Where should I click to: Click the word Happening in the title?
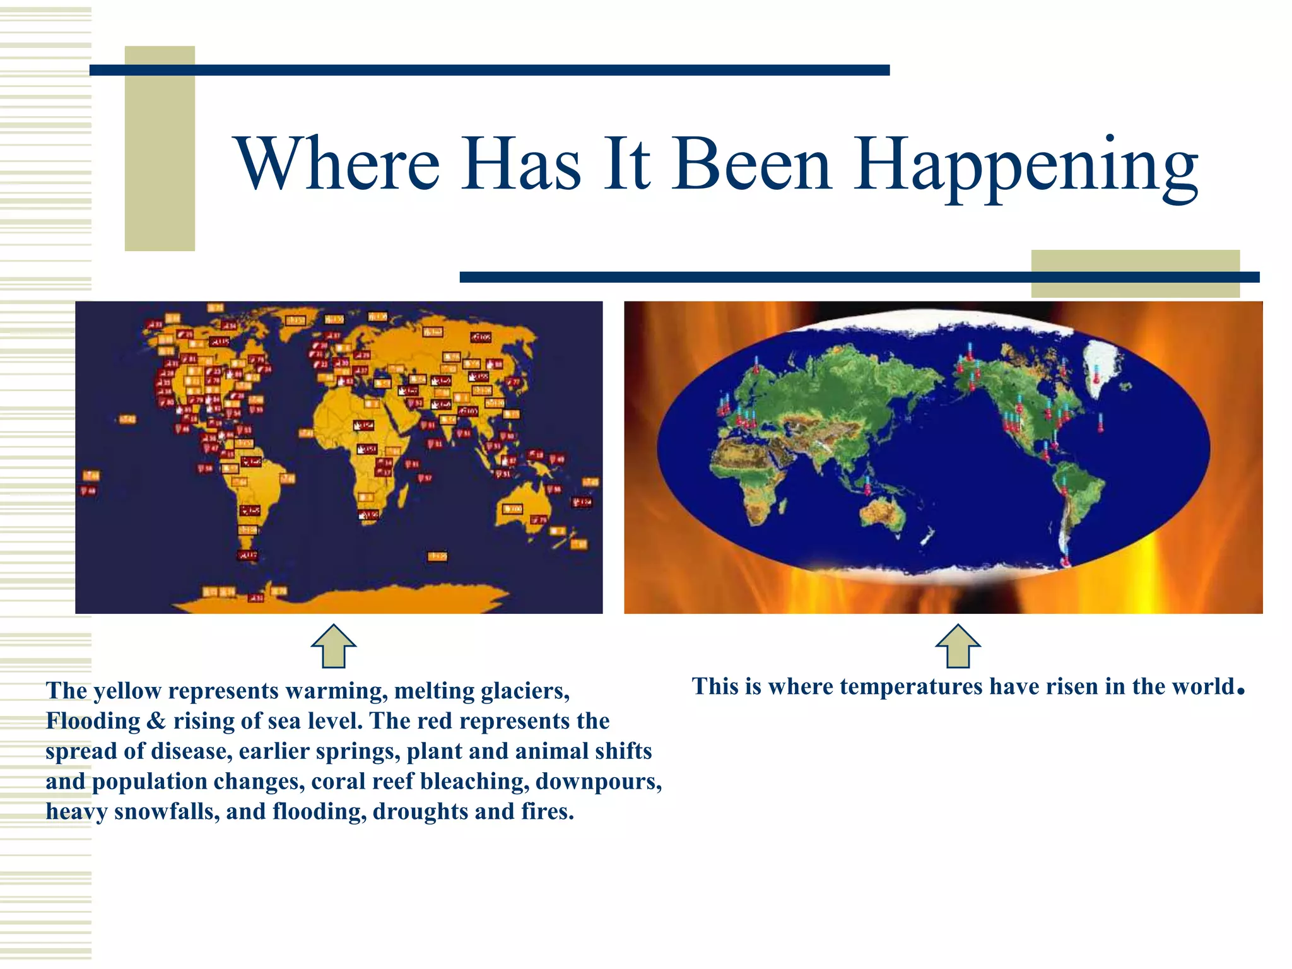pos(1026,165)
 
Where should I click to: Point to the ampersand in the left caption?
pos(156,721)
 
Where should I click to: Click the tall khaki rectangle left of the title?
pos(160,148)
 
